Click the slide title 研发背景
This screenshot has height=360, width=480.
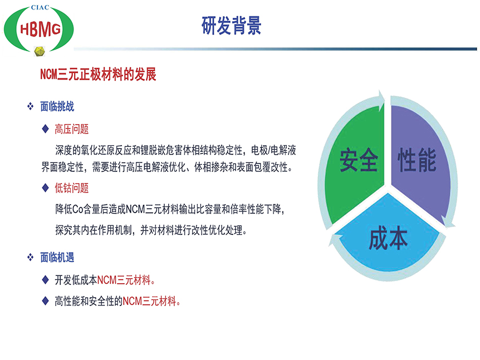point(232,26)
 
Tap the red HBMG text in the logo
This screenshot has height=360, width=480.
point(40,29)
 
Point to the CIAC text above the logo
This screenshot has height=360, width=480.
point(40,7)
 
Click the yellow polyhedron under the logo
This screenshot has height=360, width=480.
point(40,51)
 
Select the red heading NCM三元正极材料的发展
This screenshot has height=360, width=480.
point(98,75)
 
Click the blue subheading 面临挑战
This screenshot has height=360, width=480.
point(57,106)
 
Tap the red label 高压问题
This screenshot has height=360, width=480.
point(72,129)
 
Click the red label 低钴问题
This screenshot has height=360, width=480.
point(72,188)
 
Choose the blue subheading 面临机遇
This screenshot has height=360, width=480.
point(57,258)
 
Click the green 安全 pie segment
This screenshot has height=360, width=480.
point(355,165)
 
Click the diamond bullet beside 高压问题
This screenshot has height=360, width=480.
point(45,129)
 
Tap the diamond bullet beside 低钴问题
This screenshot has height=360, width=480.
point(45,188)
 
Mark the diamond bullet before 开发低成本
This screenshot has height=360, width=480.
point(45,279)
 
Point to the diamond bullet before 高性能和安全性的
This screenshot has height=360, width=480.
point(45,301)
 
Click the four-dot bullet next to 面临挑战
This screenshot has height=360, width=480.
point(30,106)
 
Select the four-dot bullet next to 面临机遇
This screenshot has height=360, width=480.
point(30,257)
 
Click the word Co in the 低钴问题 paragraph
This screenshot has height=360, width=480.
point(78,209)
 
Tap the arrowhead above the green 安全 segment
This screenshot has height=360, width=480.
point(381,100)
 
